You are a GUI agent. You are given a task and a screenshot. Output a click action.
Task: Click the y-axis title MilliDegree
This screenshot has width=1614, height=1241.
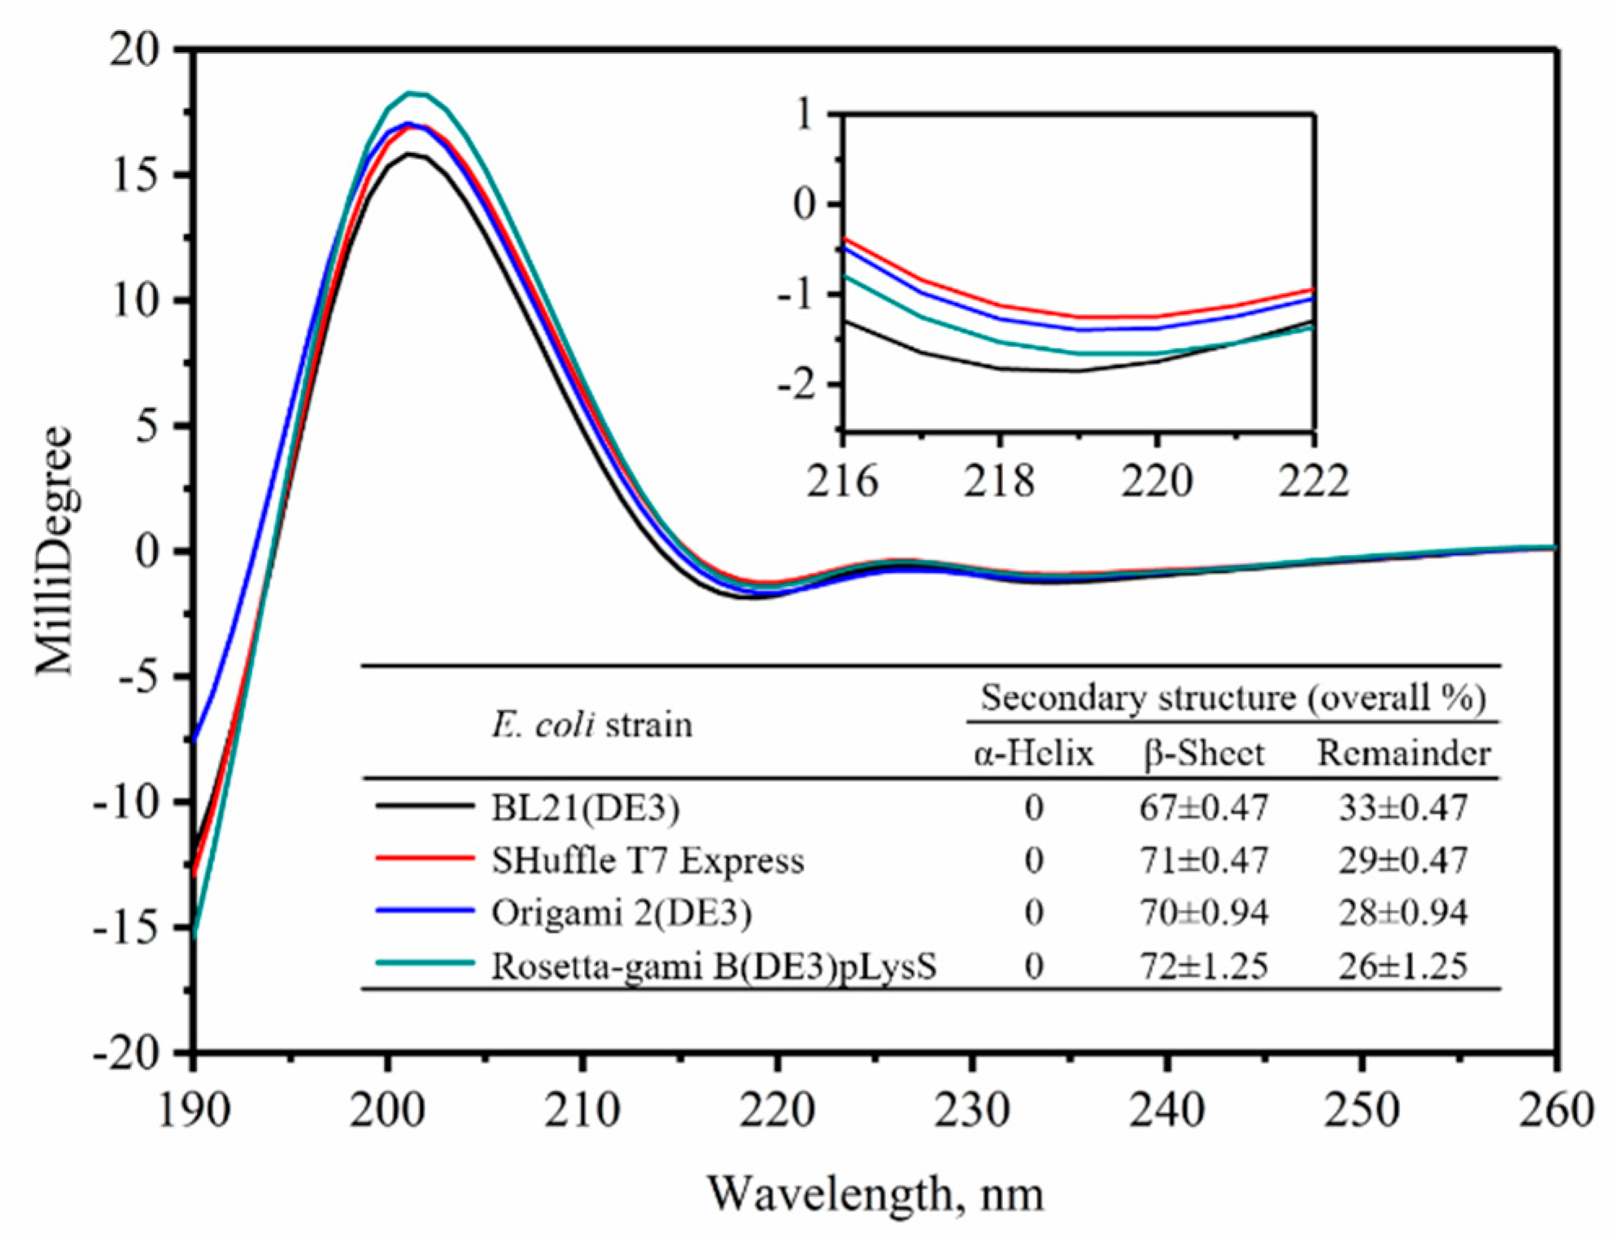[x=55, y=551]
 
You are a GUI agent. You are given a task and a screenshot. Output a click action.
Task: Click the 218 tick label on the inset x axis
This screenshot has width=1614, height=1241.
[x=1000, y=481]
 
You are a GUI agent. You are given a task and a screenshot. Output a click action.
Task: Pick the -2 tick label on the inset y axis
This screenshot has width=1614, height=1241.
[x=796, y=385]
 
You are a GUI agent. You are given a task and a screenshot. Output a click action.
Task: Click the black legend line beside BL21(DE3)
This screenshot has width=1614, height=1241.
[x=425, y=806]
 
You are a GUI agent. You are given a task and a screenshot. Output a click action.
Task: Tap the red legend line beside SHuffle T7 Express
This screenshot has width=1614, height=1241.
[x=425, y=859]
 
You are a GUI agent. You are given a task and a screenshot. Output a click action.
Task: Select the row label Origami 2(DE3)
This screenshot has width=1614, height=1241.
[x=622, y=912]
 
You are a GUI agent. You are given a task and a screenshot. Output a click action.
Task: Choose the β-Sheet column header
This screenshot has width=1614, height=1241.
[x=1204, y=754]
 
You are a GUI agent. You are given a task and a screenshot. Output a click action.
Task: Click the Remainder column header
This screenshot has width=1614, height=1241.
[x=1403, y=753]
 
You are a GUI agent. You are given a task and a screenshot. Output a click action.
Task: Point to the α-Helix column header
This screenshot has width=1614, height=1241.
[x=1033, y=754]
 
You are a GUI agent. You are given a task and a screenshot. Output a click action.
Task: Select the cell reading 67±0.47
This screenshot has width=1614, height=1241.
[x=1204, y=807]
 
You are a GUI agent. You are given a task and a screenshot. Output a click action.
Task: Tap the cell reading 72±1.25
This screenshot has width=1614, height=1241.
[x=1204, y=966]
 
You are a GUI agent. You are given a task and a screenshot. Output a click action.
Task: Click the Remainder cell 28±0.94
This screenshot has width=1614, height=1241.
[x=1403, y=912]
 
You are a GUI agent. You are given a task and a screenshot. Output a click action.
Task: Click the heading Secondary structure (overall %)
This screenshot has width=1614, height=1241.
[x=1233, y=697]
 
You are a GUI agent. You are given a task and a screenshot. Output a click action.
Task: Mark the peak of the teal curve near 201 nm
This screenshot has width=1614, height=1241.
[x=412, y=93]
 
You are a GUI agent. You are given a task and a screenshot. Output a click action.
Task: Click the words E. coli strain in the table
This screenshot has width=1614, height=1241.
[x=591, y=724]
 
